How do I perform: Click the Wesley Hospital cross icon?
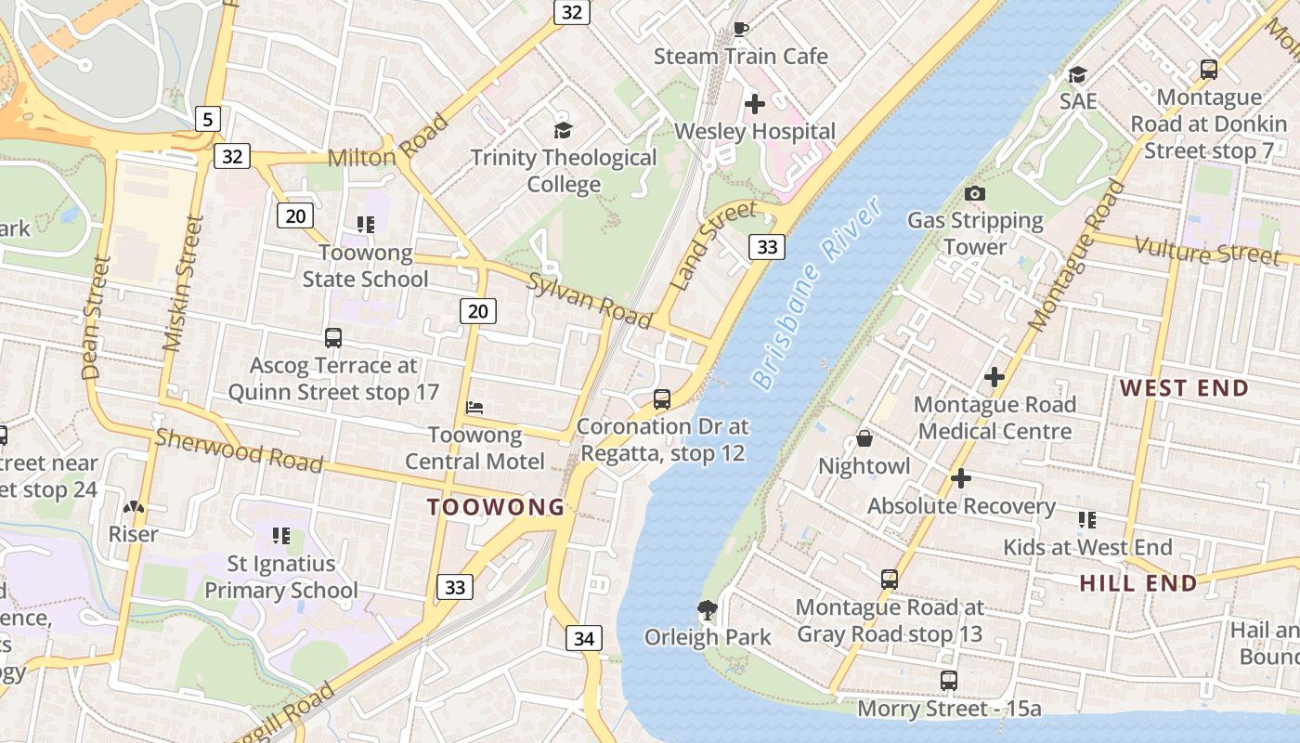click(755, 103)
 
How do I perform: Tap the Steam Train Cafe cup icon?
click(740, 29)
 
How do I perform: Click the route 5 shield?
click(208, 118)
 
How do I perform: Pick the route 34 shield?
click(583, 638)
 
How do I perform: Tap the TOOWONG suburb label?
click(496, 507)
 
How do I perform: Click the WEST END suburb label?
click(1184, 388)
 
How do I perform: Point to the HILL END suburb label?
click(1137, 583)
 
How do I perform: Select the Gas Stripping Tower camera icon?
click(974, 193)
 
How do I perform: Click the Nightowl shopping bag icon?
click(864, 438)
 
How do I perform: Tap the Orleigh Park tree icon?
click(708, 610)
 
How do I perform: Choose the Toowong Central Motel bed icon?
click(474, 407)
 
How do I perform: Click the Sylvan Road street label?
click(589, 300)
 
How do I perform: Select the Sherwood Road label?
click(239, 450)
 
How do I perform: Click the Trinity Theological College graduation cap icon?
click(563, 130)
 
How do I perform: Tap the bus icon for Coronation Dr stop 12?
click(661, 399)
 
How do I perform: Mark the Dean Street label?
click(96, 318)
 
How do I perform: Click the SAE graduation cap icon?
click(1077, 73)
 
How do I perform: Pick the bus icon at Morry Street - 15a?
click(948, 681)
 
